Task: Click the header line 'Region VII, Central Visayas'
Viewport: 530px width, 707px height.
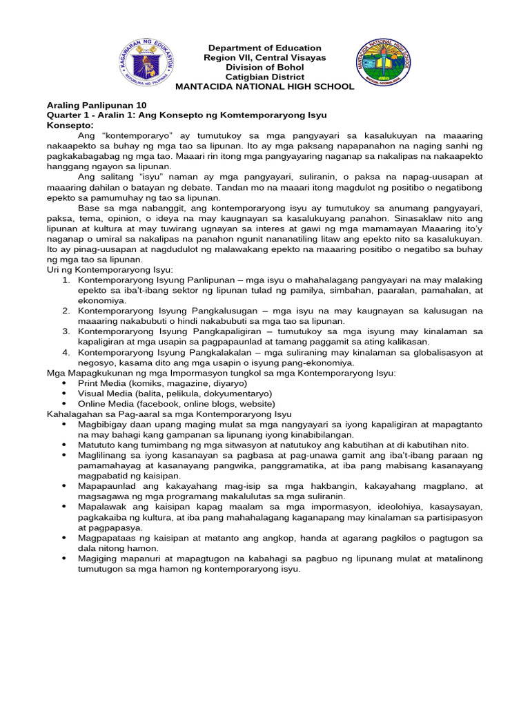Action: (265, 57)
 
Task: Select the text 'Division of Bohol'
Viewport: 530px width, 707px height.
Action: (265, 67)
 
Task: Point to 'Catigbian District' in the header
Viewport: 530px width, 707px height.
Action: (265, 77)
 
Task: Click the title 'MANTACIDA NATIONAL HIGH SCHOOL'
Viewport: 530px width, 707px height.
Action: (265, 86)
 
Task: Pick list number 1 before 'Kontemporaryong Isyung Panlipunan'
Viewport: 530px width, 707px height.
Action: (66, 281)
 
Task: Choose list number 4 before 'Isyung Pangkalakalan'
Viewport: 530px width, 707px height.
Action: (66, 352)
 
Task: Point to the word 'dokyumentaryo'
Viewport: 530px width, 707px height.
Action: (232, 393)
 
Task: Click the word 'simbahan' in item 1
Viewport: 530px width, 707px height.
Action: (278, 291)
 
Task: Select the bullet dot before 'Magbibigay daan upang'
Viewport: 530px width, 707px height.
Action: (65, 424)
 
